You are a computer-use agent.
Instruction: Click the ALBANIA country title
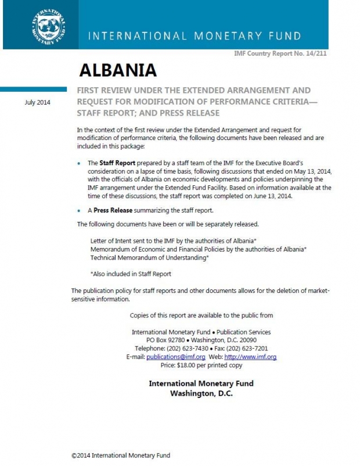(x=118, y=70)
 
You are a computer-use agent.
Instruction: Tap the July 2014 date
(x=38, y=103)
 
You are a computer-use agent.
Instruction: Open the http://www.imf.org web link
(x=250, y=356)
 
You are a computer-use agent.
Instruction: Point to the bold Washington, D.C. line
(x=201, y=393)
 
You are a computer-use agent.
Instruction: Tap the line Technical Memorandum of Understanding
(x=150, y=257)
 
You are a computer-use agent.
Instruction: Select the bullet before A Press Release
(x=80, y=210)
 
